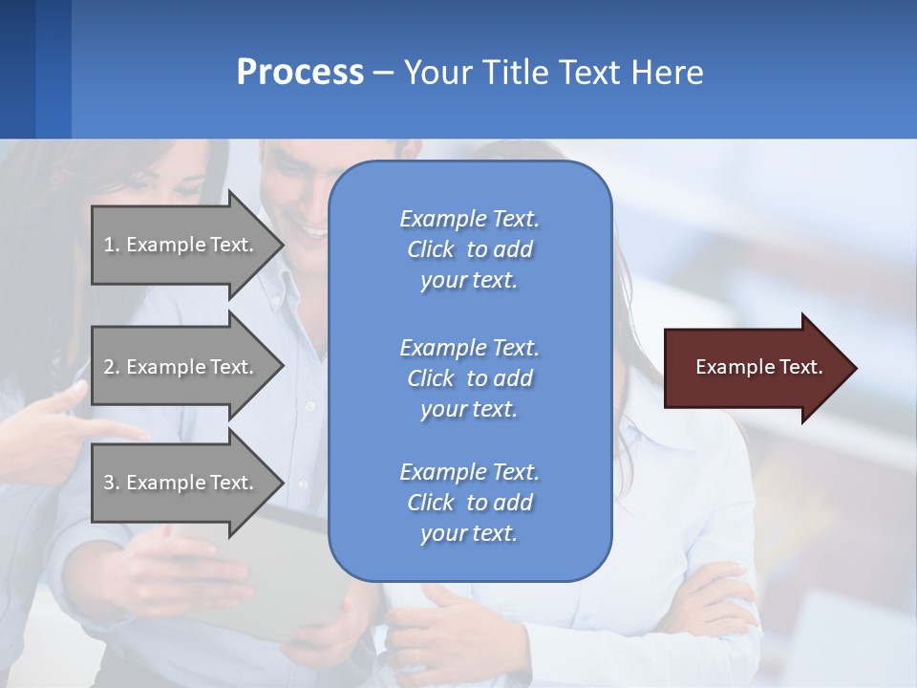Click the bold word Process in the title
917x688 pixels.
click(300, 73)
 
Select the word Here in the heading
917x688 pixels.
click(667, 73)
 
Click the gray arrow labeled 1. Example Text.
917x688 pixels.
click(181, 245)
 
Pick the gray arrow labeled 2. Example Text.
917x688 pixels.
click(181, 367)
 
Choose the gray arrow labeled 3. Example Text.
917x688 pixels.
click(181, 483)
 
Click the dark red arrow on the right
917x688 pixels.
click(755, 368)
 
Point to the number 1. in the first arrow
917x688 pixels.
click(112, 245)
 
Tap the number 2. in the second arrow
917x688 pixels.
click(112, 367)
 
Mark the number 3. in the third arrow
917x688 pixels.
click(112, 483)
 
